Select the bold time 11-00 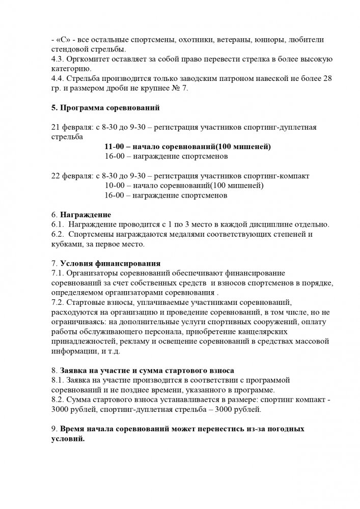click(115, 147)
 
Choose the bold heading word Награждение click(86, 215)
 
